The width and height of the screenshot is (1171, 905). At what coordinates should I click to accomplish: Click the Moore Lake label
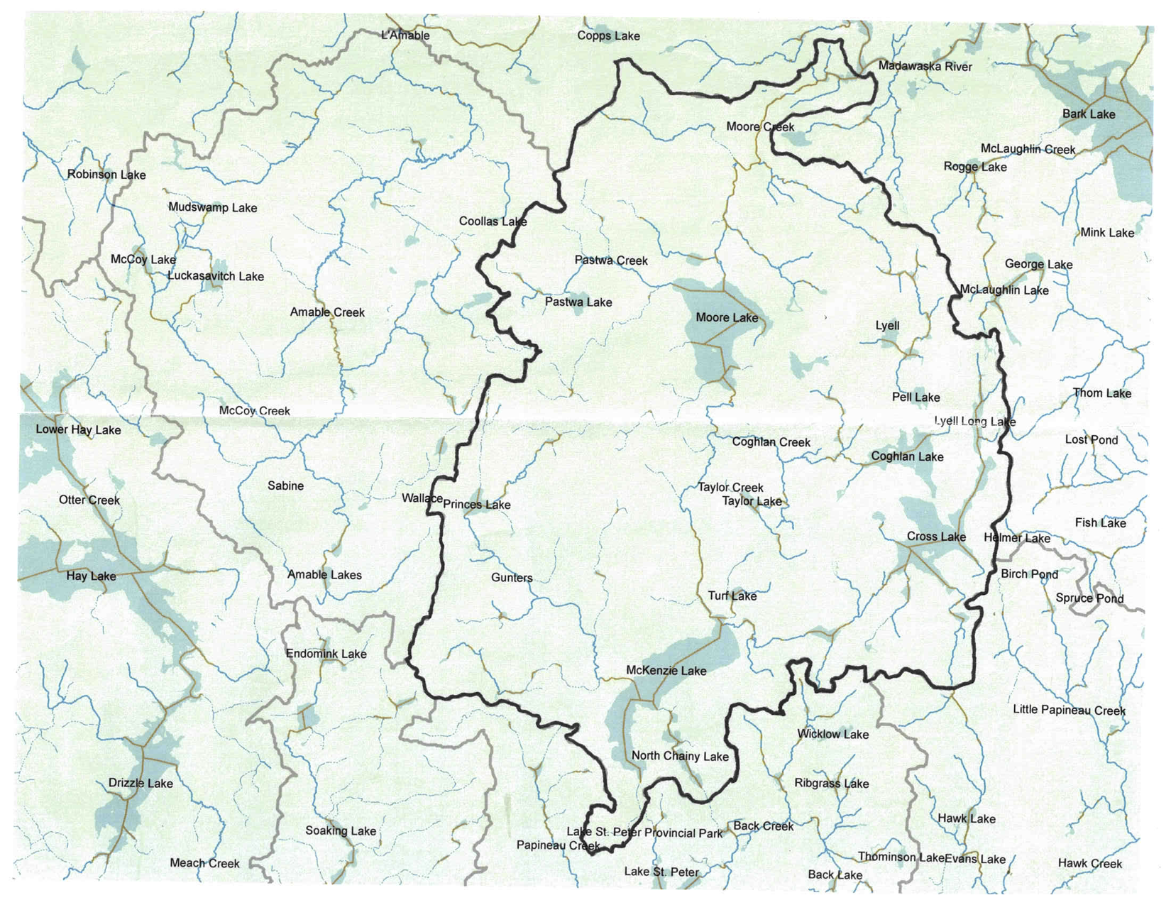726,317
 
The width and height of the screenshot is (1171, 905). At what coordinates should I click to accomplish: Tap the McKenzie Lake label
666,670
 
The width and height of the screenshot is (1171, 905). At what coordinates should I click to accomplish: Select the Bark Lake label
1088,114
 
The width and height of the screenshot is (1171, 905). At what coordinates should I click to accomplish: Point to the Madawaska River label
925,67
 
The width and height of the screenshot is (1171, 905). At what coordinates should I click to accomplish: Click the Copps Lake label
608,36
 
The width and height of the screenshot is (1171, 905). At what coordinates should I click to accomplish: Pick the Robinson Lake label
106,175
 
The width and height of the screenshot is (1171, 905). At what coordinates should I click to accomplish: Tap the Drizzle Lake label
141,784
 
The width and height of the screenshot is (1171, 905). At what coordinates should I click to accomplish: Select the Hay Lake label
91,576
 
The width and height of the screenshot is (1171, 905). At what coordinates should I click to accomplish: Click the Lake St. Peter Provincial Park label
644,833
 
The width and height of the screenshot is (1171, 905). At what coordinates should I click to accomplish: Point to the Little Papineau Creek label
1069,710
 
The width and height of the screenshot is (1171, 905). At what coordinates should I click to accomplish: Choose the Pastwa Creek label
611,260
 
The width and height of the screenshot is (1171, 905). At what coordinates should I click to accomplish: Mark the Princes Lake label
477,505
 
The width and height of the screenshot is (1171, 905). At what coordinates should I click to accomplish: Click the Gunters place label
512,578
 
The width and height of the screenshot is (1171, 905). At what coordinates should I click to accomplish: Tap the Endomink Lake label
326,654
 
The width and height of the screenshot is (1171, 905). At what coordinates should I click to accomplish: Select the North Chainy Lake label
680,756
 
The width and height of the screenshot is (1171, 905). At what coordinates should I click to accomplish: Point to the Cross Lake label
936,537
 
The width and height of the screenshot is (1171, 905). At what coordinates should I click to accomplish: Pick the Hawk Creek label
1089,864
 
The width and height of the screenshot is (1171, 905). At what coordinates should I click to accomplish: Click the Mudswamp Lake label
212,208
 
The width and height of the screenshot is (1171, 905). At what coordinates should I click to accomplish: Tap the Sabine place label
285,486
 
